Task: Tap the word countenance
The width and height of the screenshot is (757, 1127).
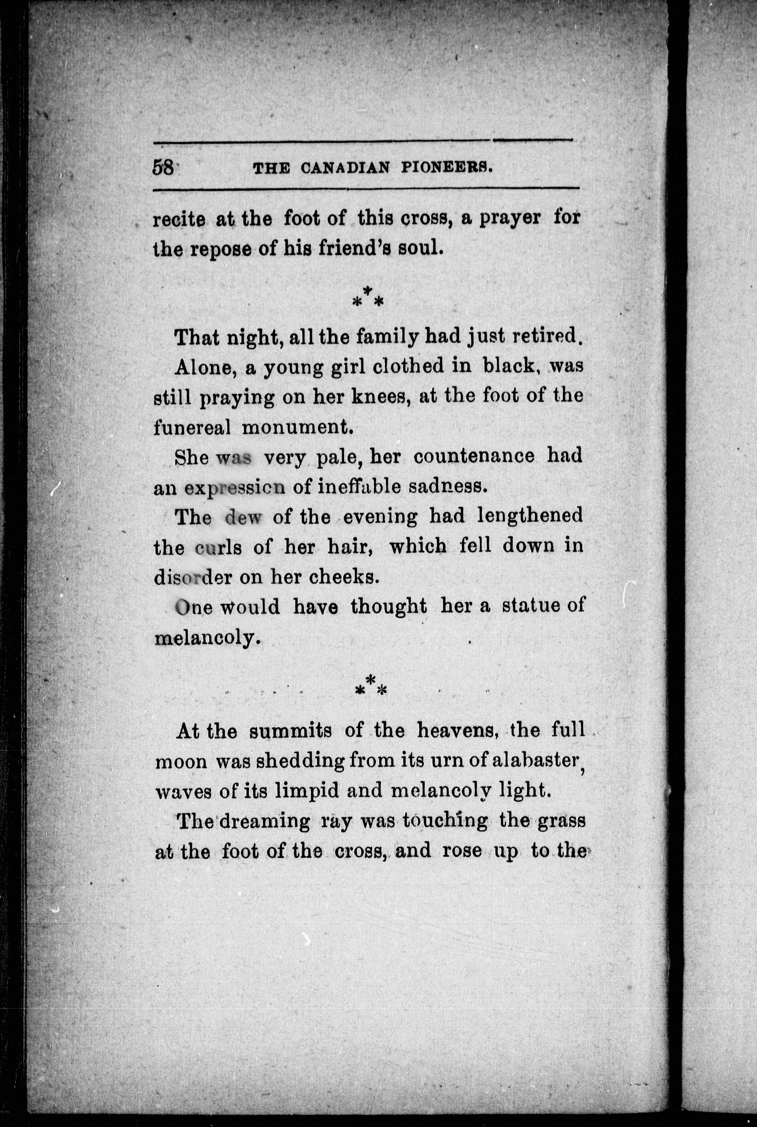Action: point(474,456)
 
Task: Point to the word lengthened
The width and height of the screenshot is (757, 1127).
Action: point(530,517)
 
